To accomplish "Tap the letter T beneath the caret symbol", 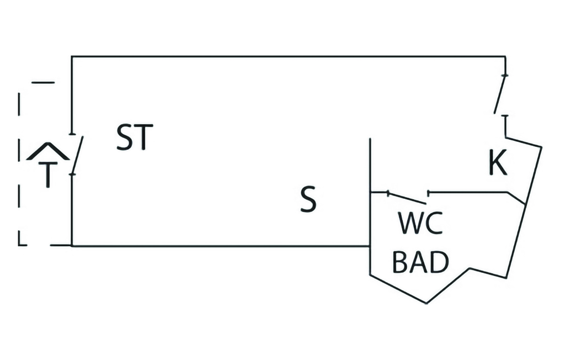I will tap(49, 175).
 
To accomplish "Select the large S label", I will tap(308, 200).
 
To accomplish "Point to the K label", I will tap(498, 163).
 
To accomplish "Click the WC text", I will tap(420, 224).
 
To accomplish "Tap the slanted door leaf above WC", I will tap(408, 197).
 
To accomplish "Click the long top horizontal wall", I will tap(287, 56).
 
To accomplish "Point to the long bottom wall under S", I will tap(221, 246).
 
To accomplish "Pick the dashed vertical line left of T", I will tap(20, 166).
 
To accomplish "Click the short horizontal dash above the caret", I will tap(43, 83).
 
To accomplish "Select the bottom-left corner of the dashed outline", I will tap(20, 243).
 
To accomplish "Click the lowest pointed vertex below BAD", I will tap(426, 303).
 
